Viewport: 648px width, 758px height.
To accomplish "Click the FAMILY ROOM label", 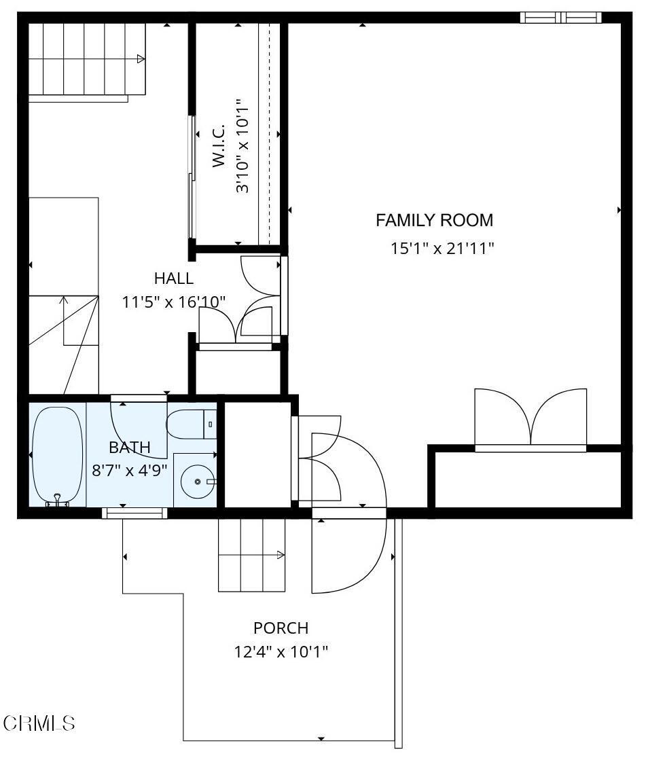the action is click(434, 221).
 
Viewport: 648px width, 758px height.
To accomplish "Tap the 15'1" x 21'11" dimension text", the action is click(442, 249).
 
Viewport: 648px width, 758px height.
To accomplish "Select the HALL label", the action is click(174, 278).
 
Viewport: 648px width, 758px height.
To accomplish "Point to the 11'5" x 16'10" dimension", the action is click(174, 303).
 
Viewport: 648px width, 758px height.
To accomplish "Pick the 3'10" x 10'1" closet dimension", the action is click(242, 146).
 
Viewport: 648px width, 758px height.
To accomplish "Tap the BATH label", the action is click(129, 448).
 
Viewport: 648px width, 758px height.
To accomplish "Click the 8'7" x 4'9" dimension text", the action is click(130, 470).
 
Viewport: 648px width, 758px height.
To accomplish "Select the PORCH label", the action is click(281, 628).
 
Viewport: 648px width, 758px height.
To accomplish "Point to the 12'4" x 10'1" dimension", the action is click(281, 652).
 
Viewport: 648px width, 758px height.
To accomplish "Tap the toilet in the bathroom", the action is click(192, 425).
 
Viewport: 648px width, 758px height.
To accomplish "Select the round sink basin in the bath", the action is click(197, 482).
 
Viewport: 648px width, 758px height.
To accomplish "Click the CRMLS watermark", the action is click(39, 723).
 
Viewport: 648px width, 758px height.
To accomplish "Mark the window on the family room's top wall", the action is click(561, 18).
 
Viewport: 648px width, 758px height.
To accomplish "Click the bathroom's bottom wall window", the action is click(134, 513).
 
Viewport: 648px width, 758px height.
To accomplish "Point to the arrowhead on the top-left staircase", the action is click(141, 59).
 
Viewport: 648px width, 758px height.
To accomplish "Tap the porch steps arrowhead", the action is click(281, 555).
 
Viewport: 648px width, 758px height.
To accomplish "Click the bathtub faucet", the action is click(58, 501).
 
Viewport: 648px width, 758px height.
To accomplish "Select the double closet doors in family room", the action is click(530, 418).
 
